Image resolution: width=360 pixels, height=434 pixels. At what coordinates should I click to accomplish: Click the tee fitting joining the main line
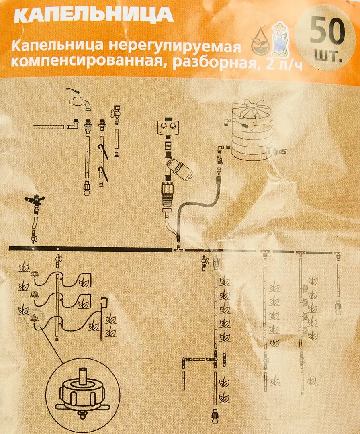[x=177, y=249]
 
